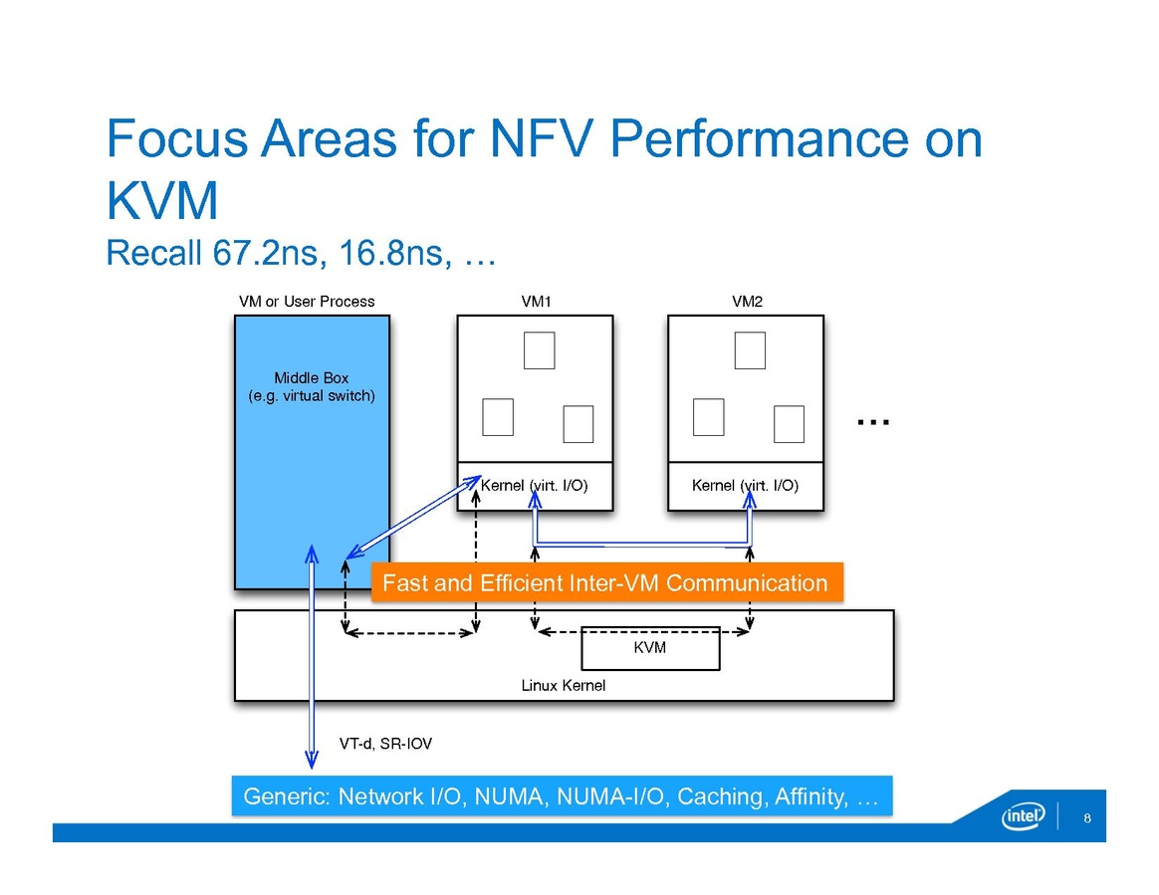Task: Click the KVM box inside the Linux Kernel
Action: [x=649, y=648]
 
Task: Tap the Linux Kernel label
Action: [x=564, y=686]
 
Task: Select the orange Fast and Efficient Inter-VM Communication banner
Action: [x=605, y=582]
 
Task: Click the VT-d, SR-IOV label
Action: [x=386, y=744]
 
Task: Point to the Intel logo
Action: [x=1022, y=817]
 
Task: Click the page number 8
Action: [x=1087, y=818]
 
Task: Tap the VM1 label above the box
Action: [x=535, y=302]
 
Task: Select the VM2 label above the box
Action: [x=746, y=302]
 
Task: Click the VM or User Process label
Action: [x=307, y=302]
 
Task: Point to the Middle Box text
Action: [x=311, y=378]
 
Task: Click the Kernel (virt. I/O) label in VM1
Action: [x=535, y=487]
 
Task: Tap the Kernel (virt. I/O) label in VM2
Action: [x=745, y=487]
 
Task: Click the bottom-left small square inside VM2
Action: [x=708, y=417]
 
